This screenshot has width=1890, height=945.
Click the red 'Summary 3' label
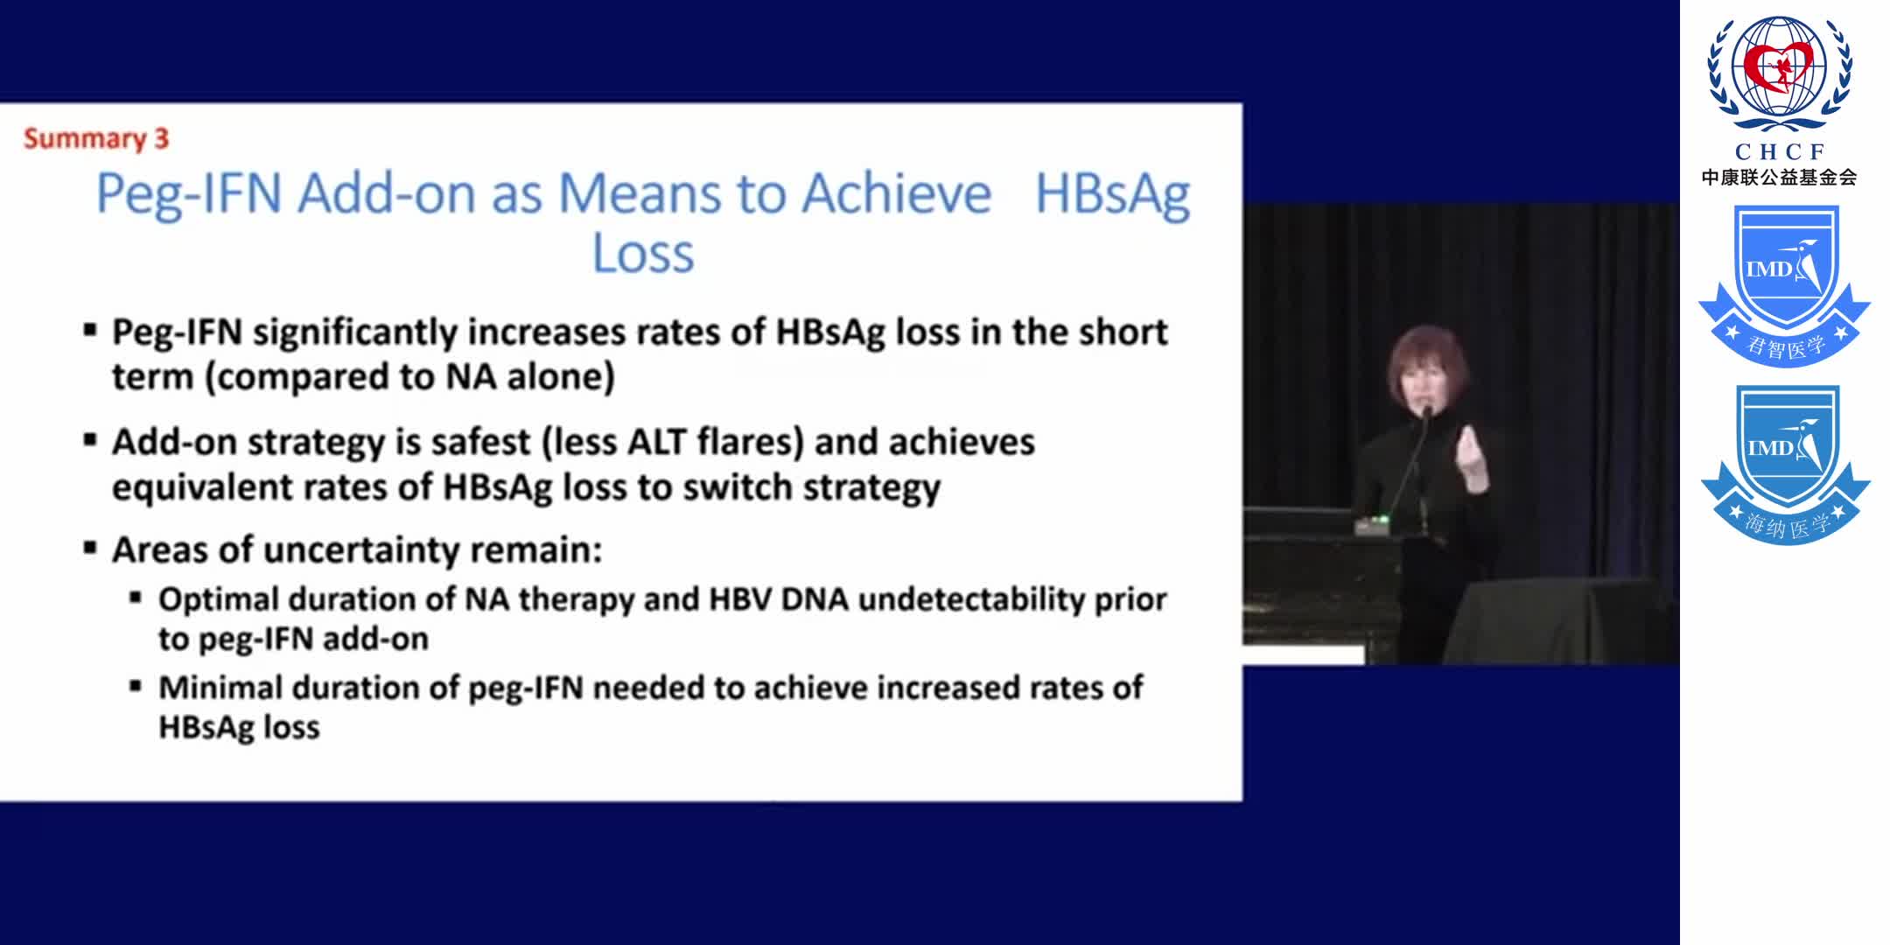96,138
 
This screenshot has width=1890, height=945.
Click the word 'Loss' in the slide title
643,254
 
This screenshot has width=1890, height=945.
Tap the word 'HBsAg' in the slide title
1112,193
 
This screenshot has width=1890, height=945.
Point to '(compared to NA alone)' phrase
409,377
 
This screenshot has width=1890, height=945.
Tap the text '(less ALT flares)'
673,442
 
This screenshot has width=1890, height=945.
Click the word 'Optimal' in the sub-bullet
219,599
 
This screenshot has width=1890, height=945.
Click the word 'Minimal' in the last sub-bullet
220,688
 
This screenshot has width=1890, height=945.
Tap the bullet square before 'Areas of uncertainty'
90,549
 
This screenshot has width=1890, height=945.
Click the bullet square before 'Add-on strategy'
90,440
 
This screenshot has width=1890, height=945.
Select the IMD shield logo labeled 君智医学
1784,284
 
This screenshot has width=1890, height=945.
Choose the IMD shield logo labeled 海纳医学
1784,464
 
